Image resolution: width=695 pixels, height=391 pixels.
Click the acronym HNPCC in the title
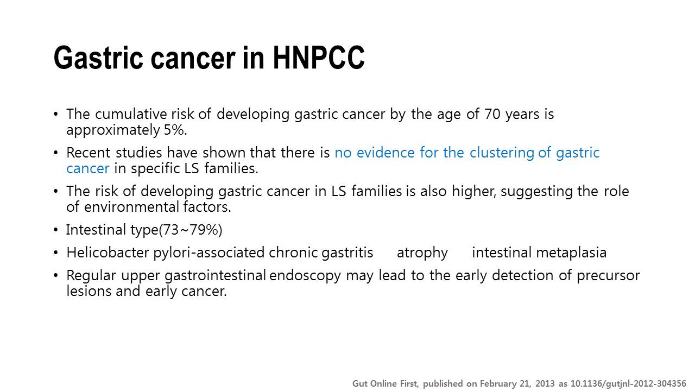click(319, 58)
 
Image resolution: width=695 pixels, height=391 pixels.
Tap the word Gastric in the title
click(98, 58)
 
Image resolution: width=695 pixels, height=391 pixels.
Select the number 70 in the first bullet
click(492, 114)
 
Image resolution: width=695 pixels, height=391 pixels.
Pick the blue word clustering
click(502, 153)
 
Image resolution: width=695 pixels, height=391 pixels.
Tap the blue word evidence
click(386, 153)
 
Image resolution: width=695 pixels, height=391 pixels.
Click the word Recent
click(89, 153)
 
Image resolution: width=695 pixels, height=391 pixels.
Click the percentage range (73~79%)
click(191, 230)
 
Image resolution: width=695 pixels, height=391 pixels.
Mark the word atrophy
click(422, 253)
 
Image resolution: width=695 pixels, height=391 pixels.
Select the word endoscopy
click(305, 276)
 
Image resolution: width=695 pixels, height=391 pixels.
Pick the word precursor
click(608, 276)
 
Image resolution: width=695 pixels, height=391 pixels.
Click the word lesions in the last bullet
click(89, 291)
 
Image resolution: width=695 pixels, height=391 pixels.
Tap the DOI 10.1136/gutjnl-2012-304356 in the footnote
click(628, 384)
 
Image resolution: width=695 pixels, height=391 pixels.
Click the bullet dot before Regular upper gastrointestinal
click(55, 275)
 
